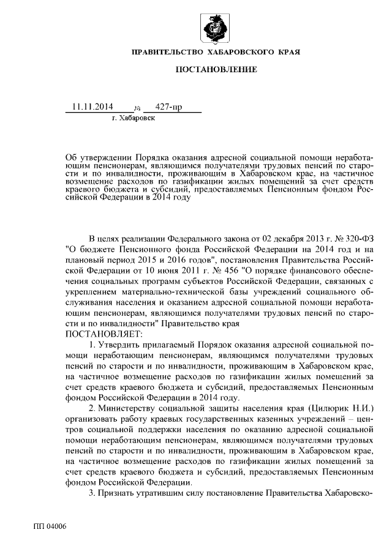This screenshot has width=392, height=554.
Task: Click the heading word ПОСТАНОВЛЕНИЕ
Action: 216,71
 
